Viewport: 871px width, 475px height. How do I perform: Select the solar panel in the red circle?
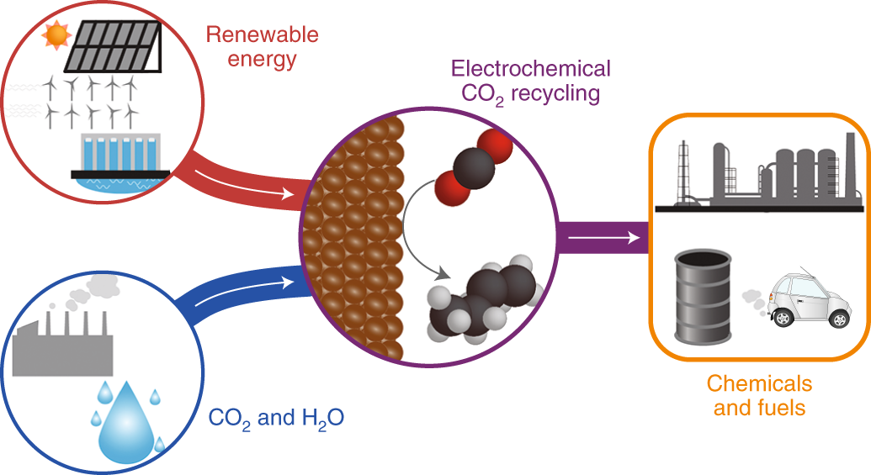coord(113,46)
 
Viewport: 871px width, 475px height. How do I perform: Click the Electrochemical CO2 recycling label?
coord(530,80)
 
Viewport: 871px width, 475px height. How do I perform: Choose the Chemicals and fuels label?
coord(759,396)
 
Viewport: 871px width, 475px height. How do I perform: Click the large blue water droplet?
coord(124,424)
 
